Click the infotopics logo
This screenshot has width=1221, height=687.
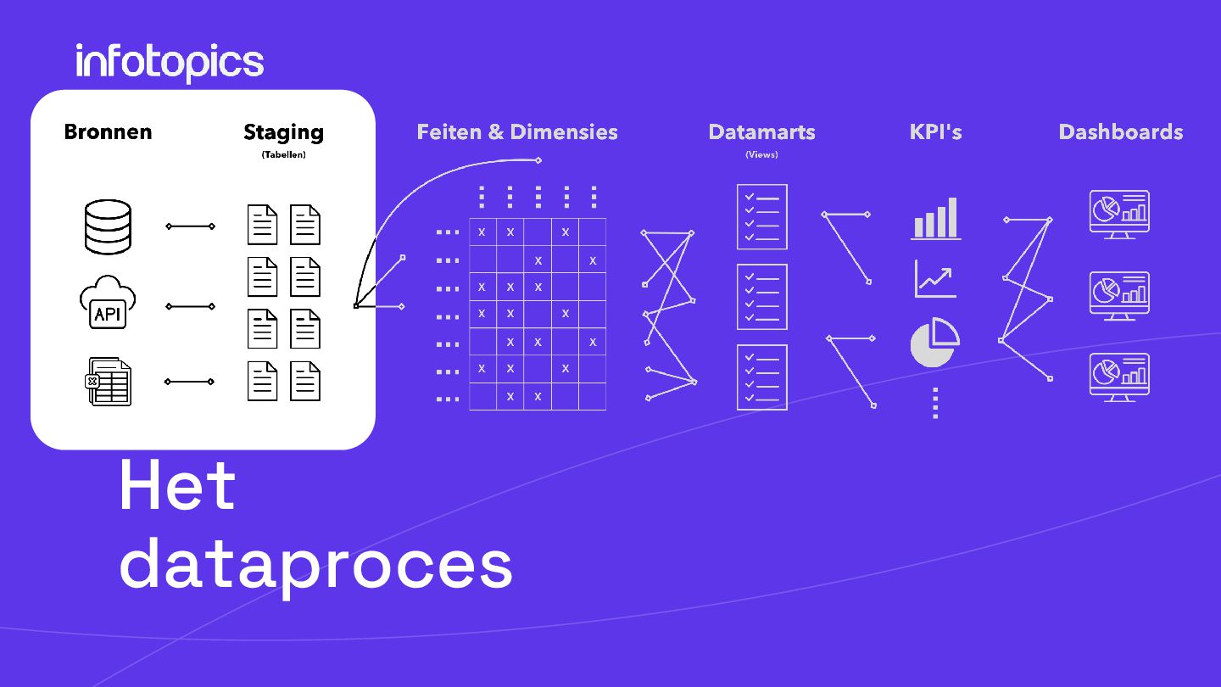coord(170,63)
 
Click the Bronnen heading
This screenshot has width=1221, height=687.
coord(108,132)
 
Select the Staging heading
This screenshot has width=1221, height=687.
coord(283,132)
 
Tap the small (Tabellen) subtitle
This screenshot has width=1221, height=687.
coord(283,154)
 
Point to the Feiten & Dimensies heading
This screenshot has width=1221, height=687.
coord(517,132)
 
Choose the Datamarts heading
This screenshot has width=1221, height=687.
coord(761,132)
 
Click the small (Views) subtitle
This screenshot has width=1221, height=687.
coord(761,154)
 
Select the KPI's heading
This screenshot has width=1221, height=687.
coord(935,132)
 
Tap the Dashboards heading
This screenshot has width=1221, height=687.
coord(1120,132)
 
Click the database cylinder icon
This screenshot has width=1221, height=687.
coord(109,226)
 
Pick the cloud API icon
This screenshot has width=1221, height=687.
coord(108,304)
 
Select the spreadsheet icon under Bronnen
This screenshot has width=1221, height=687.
coord(109,382)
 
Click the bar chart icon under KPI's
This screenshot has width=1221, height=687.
coord(935,219)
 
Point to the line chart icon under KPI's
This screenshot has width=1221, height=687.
coord(935,279)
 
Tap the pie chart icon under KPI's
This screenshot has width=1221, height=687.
coord(934,343)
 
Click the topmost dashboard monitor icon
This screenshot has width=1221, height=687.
coord(1119,214)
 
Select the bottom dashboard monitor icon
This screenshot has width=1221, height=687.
coord(1119,377)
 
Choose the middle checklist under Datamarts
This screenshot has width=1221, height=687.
coord(761,297)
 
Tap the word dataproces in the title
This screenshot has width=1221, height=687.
coord(315,563)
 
